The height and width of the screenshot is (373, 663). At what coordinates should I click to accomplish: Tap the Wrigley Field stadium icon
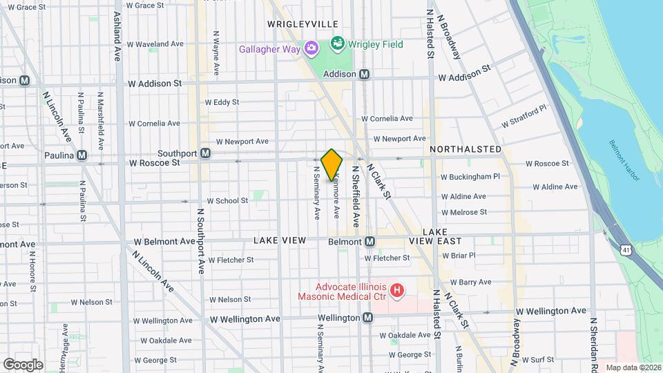pyautogui.click(x=337, y=44)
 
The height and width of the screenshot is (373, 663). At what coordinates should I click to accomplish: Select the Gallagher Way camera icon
pyautogui.click(x=311, y=49)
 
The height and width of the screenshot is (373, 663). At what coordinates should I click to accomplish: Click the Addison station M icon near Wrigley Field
pyautogui.click(x=364, y=74)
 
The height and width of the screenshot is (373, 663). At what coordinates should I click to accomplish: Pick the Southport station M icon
pyautogui.click(x=205, y=153)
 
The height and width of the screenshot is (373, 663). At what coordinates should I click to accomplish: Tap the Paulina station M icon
pyautogui.click(x=82, y=155)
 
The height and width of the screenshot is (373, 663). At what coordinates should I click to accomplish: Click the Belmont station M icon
pyautogui.click(x=369, y=242)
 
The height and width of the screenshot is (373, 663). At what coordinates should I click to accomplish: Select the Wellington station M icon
pyautogui.click(x=367, y=318)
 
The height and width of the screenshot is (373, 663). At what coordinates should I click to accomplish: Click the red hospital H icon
pyautogui.click(x=397, y=291)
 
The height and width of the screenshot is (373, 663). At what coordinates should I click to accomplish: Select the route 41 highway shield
pyautogui.click(x=624, y=248)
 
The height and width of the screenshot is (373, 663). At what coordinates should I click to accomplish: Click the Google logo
pyautogui.click(x=23, y=365)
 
